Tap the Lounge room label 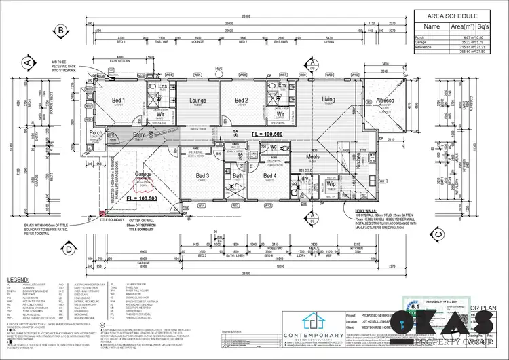pos(197,101)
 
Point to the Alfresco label pos(385,101)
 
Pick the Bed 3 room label pos(202,176)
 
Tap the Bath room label pos(238,176)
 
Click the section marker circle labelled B pos(60,31)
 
